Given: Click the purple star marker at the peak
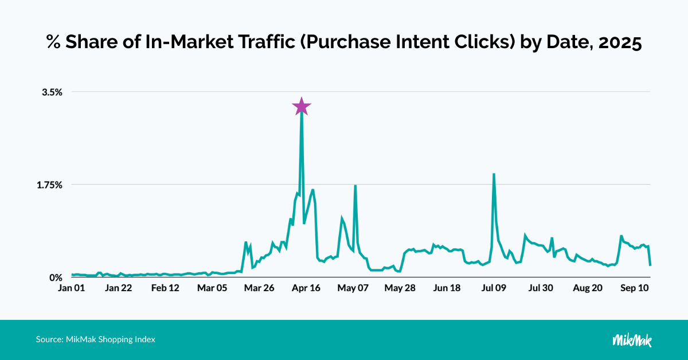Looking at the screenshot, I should [x=302, y=106].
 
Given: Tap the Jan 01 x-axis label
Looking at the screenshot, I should [x=72, y=288].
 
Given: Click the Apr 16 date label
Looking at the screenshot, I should [x=307, y=288].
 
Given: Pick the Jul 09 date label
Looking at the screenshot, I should [x=494, y=288].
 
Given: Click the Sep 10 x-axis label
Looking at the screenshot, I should [x=635, y=288].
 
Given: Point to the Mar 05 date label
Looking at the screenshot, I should [x=213, y=288].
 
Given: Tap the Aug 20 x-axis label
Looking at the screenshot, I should [x=588, y=288].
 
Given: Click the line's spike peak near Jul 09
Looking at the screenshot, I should [x=494, y=174].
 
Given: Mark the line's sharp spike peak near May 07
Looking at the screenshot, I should [x=355, y=186].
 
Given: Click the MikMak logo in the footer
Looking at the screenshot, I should [x=632, y=340].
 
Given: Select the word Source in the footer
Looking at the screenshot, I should [x=49, y=339].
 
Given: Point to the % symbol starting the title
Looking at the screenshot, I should [x=53, y=43].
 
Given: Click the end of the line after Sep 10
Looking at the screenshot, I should [x=650, y=265].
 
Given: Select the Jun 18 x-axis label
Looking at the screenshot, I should [x=447, y=288].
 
